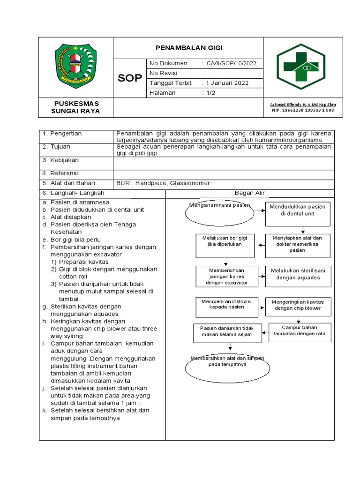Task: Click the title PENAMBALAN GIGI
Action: (189, 48)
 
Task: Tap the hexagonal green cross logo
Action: (304, 66)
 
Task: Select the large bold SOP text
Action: (129, 78)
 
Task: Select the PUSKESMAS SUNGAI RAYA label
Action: (75, 107)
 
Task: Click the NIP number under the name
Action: (303, 111)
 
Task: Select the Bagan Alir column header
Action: (250, 193)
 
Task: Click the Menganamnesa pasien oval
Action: (219, 212)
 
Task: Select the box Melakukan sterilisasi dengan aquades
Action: (298, 274)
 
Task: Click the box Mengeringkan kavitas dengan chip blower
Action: (298, 305)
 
